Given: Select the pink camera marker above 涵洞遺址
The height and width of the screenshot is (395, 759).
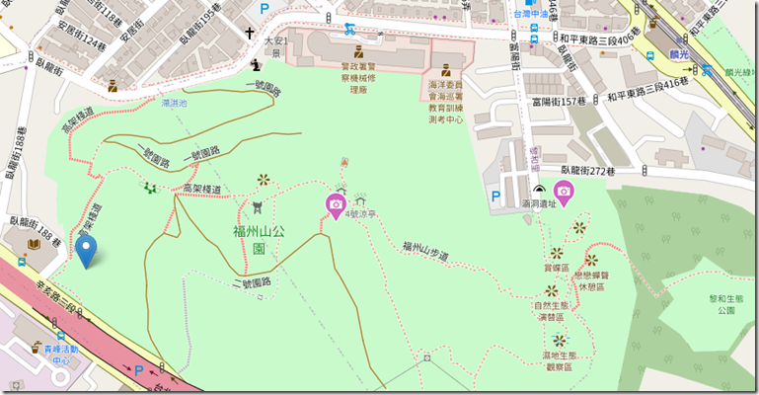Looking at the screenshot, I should pos(564,191).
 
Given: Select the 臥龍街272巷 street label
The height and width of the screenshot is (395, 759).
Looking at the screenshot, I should pos(581,170).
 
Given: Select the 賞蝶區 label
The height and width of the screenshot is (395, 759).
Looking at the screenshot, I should pos(558,267).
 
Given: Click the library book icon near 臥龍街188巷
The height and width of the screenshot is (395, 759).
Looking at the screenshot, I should pos(34,244).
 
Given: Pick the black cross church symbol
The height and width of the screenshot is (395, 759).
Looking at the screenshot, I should pos(252,33).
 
